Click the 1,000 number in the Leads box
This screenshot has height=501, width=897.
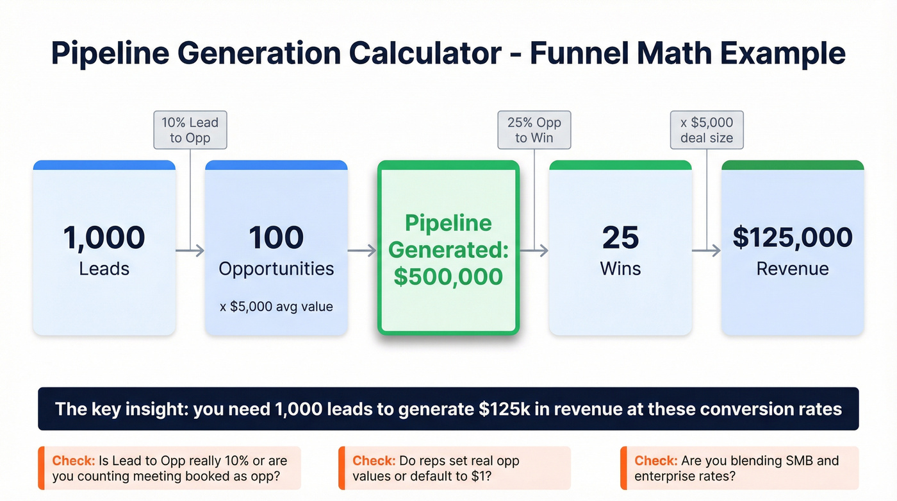click(x=104, y=238)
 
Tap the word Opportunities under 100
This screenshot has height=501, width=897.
click(x=276, y=268)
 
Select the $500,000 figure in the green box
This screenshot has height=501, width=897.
click(x=448, y=276)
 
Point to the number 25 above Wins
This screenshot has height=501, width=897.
click(x=620, y=238)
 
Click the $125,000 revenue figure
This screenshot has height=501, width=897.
click(x=793, y=238)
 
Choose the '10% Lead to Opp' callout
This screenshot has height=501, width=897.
click(x=190, y=130)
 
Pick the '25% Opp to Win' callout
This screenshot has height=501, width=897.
click(x=534, y=130)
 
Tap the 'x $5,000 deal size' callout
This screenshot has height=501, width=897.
click(x=707, y=130)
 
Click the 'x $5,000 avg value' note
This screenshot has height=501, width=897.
click(x=276, y=307)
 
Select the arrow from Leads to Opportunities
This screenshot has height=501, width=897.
click(x=190, y=251)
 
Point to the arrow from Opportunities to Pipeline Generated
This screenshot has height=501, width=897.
click(x=363, y=251)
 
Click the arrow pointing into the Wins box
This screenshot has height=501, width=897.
click(x=534, y=251)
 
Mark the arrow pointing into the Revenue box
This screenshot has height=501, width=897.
click(x=707, y=251)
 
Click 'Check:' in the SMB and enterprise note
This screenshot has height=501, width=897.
click(x=655, y=461)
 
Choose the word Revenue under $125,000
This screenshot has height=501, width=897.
click(x=793, y=268)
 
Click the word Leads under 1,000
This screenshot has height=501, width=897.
click(x=104, y=268)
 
